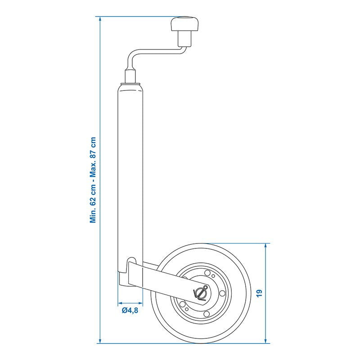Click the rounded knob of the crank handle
pos(184,24)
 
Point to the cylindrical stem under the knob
pos(185,39)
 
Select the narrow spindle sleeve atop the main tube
pos(131,76)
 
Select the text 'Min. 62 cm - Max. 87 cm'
pos(93,180)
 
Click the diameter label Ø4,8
pos(130,310)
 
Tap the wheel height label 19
pos(259,293)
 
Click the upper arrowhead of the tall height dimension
pos(100,18)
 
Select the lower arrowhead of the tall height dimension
pos(100,341)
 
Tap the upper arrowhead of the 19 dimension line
pos(265,246)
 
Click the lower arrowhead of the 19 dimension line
pos(265,341)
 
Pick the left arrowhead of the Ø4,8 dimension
pos(120,303)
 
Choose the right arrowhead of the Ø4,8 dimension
pos(140,303)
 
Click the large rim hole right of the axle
pos(222,293)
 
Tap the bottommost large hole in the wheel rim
pos(207,314)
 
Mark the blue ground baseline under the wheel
pos(183,343)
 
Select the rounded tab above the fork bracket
pos(131,260)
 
